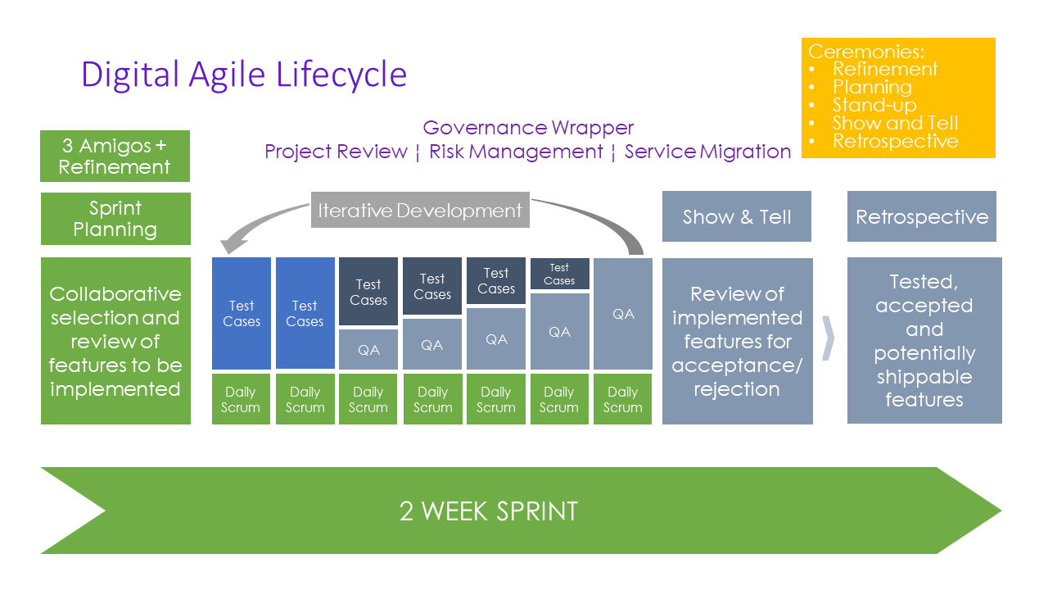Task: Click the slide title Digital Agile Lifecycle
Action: [243, 75]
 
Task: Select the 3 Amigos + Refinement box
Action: [115, 156]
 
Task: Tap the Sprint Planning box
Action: [115, 218]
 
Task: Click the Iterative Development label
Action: [420, 211]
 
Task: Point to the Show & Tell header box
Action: [736, 216]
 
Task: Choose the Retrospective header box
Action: [921, 216]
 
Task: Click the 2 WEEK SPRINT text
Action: [488, 511]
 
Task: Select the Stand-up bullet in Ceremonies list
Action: [874, 105]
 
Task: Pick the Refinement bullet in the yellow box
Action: [884, 69]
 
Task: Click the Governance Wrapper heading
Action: [528, 128]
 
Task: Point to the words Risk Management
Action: [516, 152]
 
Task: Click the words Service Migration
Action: [707, 152]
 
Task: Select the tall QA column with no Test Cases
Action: [623, 314]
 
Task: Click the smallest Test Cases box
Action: [559, 274]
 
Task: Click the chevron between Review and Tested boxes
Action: [829, 337]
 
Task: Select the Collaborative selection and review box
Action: [115, 341]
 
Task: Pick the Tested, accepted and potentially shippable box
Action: [924, 341]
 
